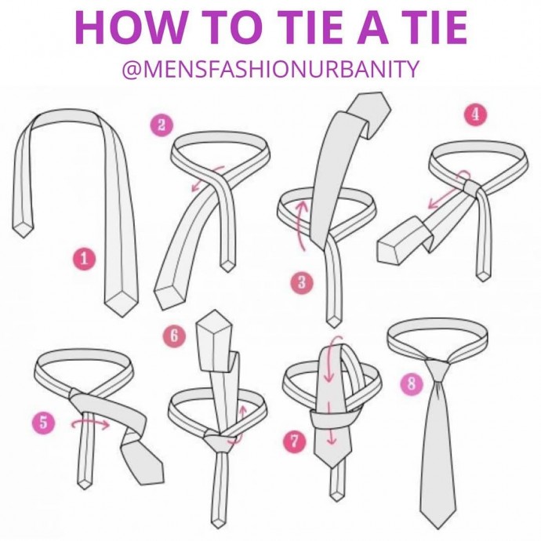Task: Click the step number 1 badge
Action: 84,259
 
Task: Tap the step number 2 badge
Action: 162,125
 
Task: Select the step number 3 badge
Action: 302,282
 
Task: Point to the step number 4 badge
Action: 475,114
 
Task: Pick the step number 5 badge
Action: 43,422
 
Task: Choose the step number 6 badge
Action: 174,336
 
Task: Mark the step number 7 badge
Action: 294,441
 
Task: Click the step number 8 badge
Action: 412,383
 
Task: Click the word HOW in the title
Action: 129,27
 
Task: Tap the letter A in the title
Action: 376,27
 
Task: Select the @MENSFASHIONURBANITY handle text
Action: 270,68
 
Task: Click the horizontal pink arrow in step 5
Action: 90,423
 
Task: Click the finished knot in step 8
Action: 437,370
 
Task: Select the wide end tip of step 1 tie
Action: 121,315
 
